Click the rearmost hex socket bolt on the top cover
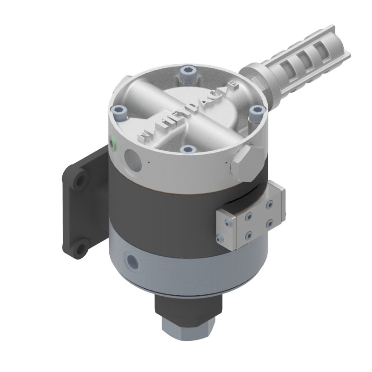[x=187, y=72]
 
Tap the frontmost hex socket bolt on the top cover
[x=187, y=149]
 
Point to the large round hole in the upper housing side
[x=133, y=159]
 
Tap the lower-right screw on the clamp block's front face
[x=268, y=225]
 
